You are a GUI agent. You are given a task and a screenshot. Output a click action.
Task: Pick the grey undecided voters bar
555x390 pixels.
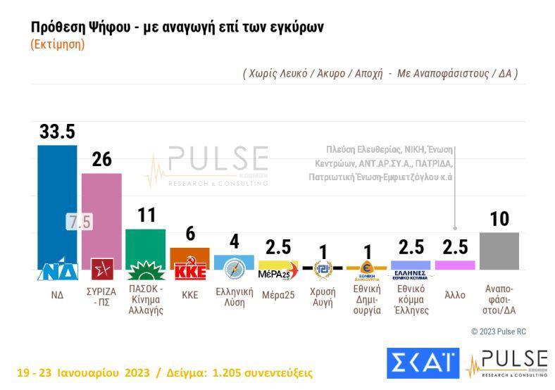[499, 251]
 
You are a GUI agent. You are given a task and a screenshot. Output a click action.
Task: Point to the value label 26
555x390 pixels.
[101, 160]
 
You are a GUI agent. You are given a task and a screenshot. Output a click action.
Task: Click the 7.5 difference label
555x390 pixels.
[80, 222]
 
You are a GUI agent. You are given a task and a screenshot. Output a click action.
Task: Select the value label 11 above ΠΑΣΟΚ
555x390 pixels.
[146, 215]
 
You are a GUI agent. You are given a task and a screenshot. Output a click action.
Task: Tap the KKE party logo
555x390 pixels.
[189, 272]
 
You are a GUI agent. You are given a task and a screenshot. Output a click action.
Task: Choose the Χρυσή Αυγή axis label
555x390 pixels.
[323, 297]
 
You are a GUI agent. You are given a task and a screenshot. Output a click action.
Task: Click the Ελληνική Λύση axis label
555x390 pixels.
[234, 297]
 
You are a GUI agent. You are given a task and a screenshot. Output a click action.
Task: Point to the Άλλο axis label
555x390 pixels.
[455, 295]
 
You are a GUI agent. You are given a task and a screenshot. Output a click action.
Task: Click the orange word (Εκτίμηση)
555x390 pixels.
[58, 44]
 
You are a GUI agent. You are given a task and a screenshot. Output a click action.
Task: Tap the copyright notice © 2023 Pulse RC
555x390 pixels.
[498, 332]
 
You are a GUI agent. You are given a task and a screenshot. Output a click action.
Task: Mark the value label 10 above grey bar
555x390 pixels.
[499, 220]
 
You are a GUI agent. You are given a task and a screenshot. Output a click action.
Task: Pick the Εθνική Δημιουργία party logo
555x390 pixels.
[366, 268]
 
